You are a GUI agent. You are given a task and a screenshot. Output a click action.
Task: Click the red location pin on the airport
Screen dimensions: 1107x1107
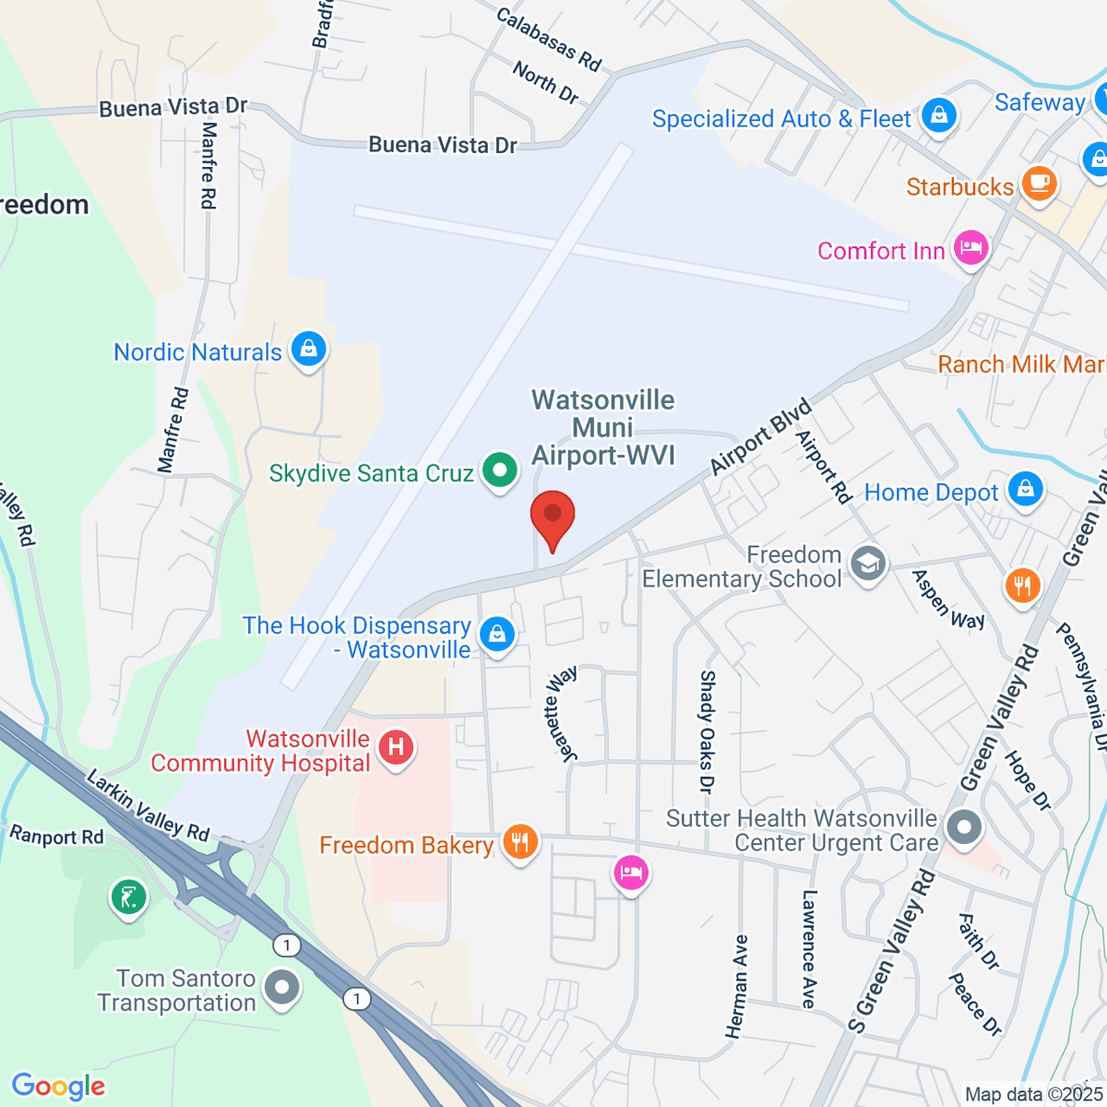pyautogui.click(x=553, y=516)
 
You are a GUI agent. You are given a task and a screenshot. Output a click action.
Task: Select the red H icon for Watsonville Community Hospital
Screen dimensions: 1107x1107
pyautogui.click(x=396, y=747)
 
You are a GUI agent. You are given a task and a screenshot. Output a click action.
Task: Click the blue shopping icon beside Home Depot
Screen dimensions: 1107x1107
pyautogui.click(x=1025, y=490)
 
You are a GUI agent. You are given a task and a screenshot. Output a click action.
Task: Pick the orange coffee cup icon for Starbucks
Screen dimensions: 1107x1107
pyautogui.click(x=1039, y=183)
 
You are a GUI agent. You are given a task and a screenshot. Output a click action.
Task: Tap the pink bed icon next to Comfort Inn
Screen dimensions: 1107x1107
pyautogui.click(x=970, y=248)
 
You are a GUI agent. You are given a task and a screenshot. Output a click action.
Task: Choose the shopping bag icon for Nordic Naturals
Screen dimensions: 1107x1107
pyautogui.click(x=308, y=350)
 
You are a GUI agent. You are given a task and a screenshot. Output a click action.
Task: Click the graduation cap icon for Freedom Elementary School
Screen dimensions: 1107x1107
pyautogui.click(x=867, y=564)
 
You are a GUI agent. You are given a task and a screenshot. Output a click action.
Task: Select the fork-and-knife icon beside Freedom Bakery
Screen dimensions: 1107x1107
pyautogui.click(x=520, y=842)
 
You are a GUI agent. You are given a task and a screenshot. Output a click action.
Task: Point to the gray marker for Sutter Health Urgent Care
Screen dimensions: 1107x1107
pyautogui.click(x=964, y=827)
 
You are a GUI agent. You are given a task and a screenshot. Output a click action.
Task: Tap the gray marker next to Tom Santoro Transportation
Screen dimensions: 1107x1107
pyautogui.click(x=282, y=988)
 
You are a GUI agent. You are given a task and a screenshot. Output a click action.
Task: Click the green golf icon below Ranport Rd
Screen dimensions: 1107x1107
pyautogui.click(x=128, y=897)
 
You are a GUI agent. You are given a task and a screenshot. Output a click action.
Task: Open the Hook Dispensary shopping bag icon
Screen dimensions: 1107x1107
pyautogui.click(x=497, y=635)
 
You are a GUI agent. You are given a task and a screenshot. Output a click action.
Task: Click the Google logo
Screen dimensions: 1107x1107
pyautogui.click(x=58, y=1087)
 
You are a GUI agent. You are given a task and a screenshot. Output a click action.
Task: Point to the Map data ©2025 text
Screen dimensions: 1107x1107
pyautogui.click(x=1032, y=1094)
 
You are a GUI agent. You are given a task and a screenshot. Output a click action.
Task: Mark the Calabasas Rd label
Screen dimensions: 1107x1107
pyautogui.click(x=549, y=39)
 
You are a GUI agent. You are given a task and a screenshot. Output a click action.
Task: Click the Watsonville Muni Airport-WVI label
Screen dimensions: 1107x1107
pyautogui.click(x=603, y=427)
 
